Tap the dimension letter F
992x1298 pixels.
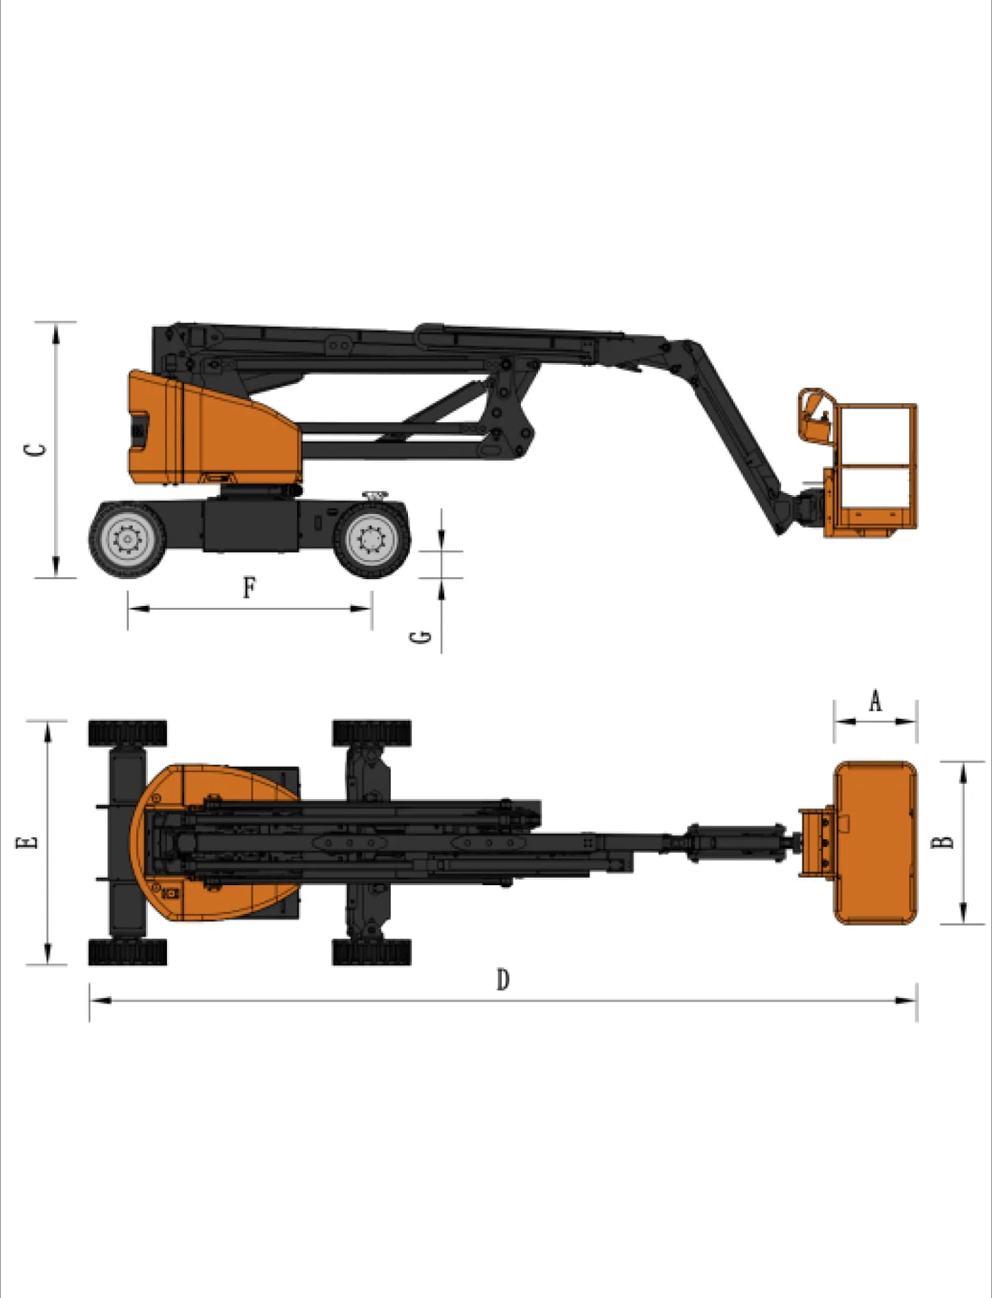(250, 587)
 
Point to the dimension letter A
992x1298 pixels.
(875, 701)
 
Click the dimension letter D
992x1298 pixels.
(503, 980)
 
